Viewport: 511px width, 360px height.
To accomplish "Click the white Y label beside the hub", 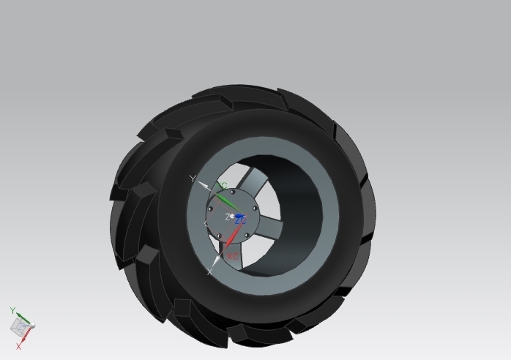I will [193, 179].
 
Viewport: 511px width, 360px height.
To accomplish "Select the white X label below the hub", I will [210, 271].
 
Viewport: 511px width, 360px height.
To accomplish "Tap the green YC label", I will [223, 186].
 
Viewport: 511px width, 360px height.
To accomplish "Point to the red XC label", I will [233, 257].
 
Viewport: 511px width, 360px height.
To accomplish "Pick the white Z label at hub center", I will [228, 217].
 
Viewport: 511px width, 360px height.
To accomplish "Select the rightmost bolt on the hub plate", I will [254, 209].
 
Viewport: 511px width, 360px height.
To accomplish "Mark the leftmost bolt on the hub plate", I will [210, 209].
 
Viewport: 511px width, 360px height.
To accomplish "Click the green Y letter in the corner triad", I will [12, 311].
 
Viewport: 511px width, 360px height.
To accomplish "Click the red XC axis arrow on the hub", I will [231, 238].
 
